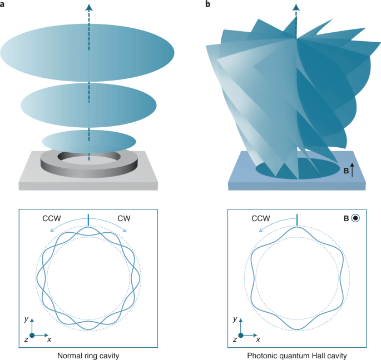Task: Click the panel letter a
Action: (2, 4)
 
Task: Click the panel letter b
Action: (208, 4)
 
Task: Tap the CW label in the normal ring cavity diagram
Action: (124, 218)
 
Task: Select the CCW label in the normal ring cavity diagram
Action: (52, 218)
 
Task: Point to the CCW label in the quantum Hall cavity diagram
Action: (261, 218)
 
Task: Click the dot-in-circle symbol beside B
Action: (355, 218)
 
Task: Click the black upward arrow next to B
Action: (352, 169)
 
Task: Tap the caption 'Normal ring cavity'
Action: (88, 356)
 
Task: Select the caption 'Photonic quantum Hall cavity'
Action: (297, 356)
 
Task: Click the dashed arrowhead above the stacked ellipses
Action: (89, 8)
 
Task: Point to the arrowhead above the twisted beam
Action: (296, 8)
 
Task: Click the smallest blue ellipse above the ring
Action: (89, 142)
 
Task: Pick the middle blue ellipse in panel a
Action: (88, 106)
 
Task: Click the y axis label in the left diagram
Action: (27, 319)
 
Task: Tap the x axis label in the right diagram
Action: (258, 339)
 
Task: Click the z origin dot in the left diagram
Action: (32, 336)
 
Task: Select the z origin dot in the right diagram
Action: (241, 336)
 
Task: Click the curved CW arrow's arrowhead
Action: (125, 231)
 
